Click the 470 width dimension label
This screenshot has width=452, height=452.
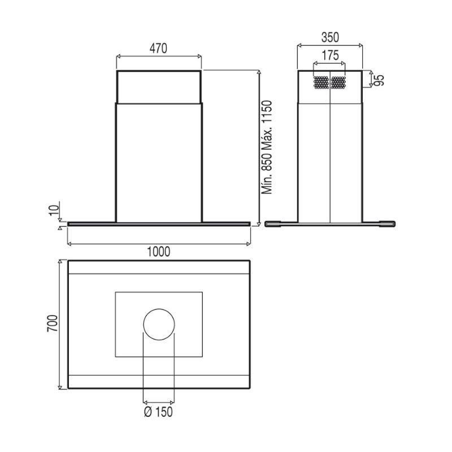pyautogui.click(x=158, y=49)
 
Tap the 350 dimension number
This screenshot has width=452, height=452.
pyautogui.click(x=330, y=37)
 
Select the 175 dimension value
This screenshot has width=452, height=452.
pyautogui.click(x=330, y=55)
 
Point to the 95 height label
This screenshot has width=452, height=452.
pyautogui.click(x=380, y=80)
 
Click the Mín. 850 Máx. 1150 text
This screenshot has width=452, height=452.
pyautogui.click(x=267, y=147)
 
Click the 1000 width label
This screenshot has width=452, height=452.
pyautogui.click(x=159, y=251)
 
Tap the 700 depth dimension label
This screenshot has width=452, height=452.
pyautogui.click(x=53, y=323)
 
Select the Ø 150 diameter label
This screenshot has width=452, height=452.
pyautogui.click(x=158, y=412)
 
